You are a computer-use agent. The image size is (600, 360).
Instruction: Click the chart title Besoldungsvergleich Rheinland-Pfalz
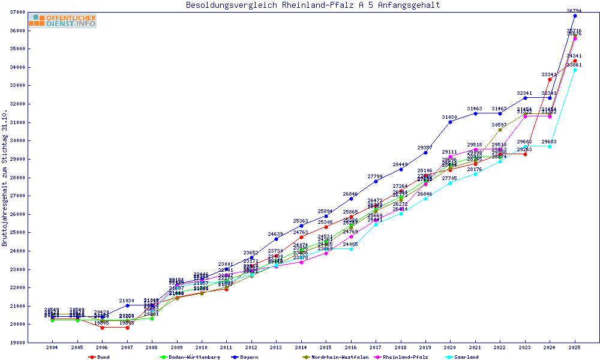click(313, 5)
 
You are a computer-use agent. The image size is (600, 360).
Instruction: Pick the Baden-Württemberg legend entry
click(184, 357)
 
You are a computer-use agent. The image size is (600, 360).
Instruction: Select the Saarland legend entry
click(466, 357)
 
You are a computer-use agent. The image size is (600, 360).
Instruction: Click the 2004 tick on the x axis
click(52, 347)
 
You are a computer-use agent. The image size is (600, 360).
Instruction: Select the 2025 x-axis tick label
click(575, 347)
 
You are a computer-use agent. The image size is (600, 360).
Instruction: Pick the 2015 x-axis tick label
click(326, 347)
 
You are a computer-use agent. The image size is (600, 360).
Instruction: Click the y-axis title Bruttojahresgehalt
click(5, 178)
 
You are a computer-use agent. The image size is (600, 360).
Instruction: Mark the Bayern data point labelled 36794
click(575, 16)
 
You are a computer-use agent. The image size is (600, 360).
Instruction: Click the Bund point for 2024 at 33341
click(550, 79)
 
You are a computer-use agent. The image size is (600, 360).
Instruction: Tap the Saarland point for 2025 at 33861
click(575, 70)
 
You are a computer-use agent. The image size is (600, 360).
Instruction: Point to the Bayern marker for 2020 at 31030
click(450, 122)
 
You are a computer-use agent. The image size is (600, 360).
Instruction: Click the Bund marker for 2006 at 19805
click(102, 328)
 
